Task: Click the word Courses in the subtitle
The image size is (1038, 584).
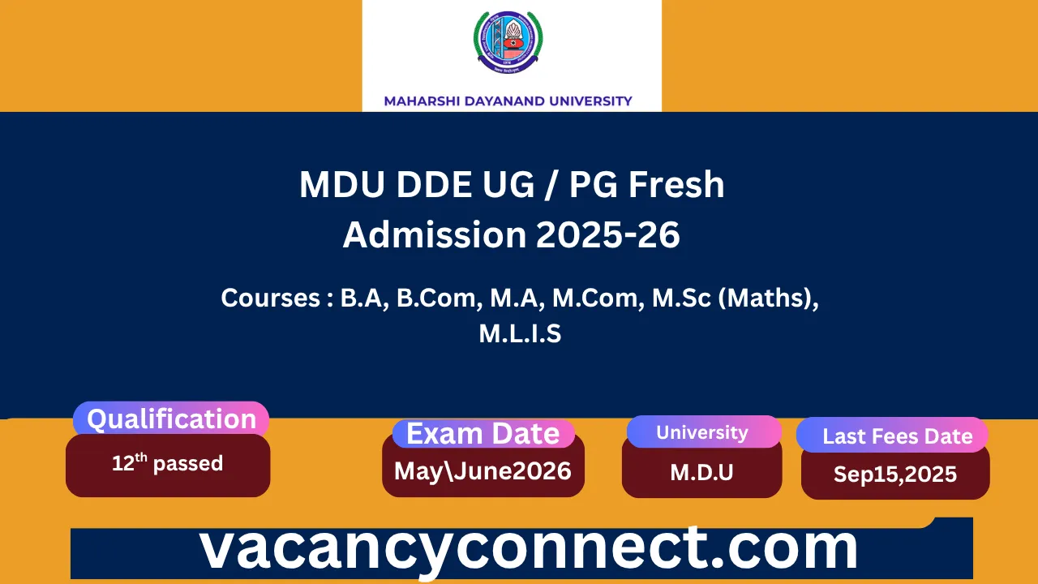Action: [x=272, y=298]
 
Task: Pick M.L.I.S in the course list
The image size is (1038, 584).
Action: [x=520, y=334]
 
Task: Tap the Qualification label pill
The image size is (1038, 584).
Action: [x=171, y=419]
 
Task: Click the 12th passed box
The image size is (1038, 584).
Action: [x=168, y=465]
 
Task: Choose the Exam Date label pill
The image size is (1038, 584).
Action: [x=483, y=434]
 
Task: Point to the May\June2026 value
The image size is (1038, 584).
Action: [x=483, y=471]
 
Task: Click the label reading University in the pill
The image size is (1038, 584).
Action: [x=702, y=432]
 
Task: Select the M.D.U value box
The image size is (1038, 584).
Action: [x=702, y=472]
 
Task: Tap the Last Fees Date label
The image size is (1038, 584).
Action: [x=897, y=436]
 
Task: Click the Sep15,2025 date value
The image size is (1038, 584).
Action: [x=895, y=474]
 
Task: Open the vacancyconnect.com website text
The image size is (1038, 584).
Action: [x=529, y=548]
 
